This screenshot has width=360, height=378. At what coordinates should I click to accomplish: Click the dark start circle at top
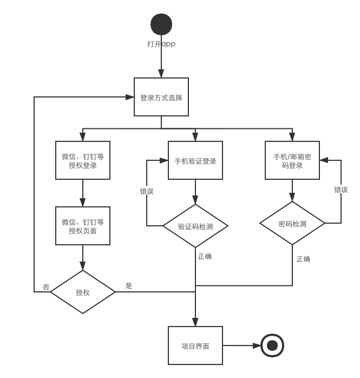tap(161, 24)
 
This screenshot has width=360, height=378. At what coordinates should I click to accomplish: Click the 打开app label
tap(161, 44)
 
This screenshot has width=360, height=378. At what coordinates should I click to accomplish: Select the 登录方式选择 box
tap(161, 97)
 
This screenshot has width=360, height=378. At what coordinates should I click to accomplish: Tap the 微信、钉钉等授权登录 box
tap(83, 160)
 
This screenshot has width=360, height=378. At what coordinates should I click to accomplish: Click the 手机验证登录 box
tap(195, 160)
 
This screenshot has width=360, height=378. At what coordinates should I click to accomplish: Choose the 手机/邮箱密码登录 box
tap(292, 160)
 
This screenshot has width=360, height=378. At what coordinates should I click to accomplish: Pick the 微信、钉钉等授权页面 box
tap(83, 226)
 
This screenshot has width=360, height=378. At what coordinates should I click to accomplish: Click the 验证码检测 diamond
tap(195, 226)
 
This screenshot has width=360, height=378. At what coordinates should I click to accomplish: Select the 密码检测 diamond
tap(292, 223)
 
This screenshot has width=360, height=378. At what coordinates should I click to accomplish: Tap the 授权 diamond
tap(83, 292)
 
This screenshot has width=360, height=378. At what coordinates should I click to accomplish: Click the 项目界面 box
tap(195, 346)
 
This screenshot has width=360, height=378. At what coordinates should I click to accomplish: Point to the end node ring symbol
tap(272, 346)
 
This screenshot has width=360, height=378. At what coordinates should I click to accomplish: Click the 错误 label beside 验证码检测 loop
tap(146, 191)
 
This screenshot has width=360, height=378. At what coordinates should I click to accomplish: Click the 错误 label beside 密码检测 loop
tap(341, 189)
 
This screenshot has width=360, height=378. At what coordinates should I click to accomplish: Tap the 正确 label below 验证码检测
tap(205, 256)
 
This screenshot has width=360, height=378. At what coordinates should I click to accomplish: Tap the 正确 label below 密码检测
tap(303, 259)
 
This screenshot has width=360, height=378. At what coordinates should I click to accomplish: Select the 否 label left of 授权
tap(46, 286)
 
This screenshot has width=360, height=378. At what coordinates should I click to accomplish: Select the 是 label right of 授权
tap(129, 285)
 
